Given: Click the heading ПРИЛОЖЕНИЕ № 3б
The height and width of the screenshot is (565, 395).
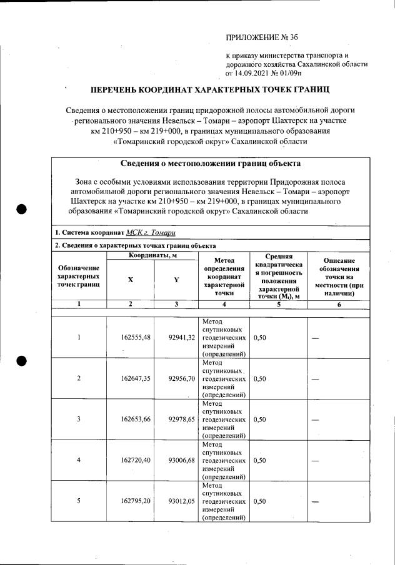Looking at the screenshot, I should pyautogui.click(x=257, y=38).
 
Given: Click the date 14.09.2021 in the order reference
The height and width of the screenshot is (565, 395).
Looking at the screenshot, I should pyautogui.click(x=257, y=73).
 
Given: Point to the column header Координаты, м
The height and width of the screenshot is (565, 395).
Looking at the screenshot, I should pyautogui.click(x=152, y=256).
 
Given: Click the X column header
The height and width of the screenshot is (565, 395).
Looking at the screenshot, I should pyautogui.click(x=130, y=280).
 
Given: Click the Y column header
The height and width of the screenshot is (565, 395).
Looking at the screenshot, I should pyautogui.click(x=176, y=280).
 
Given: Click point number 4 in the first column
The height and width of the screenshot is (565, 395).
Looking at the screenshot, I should pyautogui.click(x=79, y=461).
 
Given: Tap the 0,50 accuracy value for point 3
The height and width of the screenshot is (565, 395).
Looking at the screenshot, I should pyautogui.click(x=261, y=420).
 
